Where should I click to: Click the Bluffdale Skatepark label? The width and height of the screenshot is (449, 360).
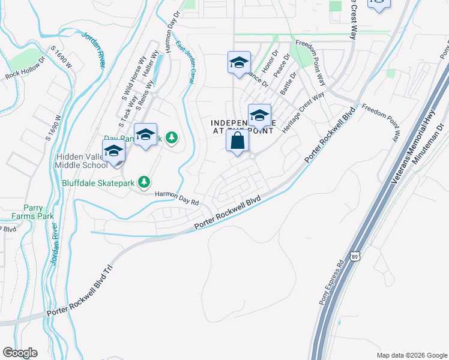tap(98, 181)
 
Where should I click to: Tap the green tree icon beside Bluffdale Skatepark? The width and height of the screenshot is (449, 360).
tap(143, 181)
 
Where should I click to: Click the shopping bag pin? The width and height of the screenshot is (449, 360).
tap(238, 142)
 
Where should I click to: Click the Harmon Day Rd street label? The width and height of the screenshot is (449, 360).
tap(176, 199)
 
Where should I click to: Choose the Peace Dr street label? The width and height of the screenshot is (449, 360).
tap(282, 68)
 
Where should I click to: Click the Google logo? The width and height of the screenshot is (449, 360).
tap(20, 352)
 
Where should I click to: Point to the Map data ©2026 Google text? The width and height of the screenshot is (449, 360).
tap(412, 355)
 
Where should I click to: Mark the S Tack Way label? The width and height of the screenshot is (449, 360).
tap(128, 109)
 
